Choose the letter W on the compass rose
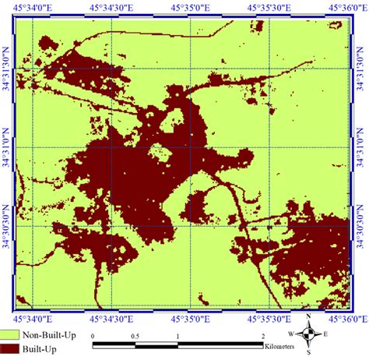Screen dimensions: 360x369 (x=292, y=334)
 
